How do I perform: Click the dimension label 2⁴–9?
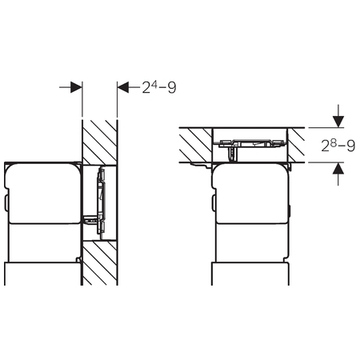pos(159,87)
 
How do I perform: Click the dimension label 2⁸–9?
pos(338,146)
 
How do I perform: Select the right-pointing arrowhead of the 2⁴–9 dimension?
pos(76,87)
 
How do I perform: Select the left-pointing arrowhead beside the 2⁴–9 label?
pos(123,87)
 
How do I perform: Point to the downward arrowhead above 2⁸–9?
pos(338,122)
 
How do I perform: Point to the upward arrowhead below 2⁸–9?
pos(338,168)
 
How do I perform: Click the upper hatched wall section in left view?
pos(100,142)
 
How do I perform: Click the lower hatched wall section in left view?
pos(100,263)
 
